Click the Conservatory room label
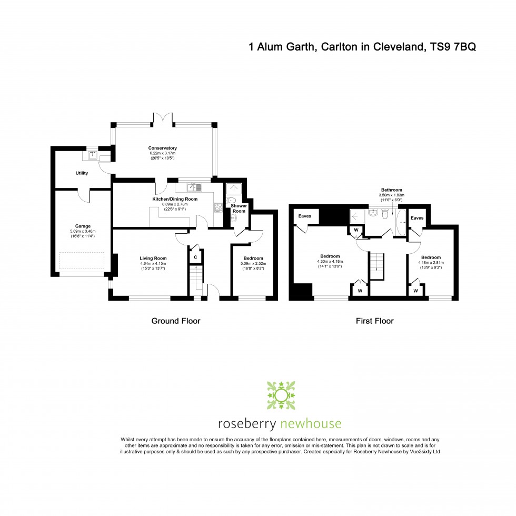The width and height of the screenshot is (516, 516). point(162,148)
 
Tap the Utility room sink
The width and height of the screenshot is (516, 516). point(93,155)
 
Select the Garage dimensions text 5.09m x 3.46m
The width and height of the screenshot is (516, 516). point(83,231)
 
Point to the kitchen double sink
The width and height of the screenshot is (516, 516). point(196,187)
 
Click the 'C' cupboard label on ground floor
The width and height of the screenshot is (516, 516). point(195,257)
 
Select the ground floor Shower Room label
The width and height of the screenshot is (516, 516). point(239,208)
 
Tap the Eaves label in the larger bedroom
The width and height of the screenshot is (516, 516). point(304,216)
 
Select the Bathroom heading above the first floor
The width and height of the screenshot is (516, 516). point(391,190)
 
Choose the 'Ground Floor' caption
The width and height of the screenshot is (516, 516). point(176,321)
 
